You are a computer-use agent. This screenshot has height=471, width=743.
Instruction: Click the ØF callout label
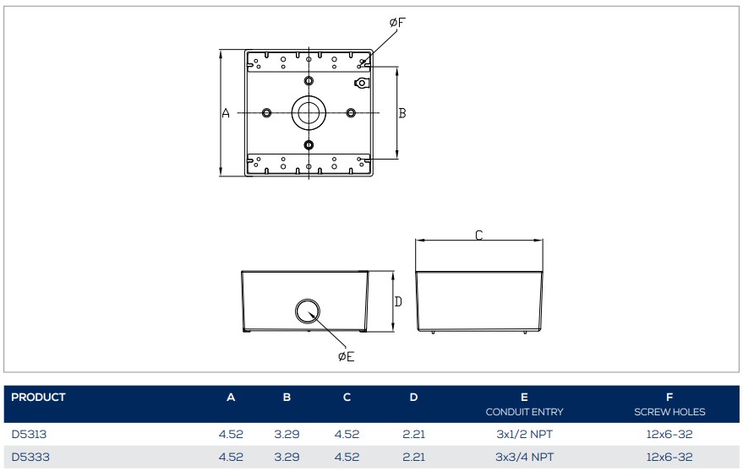pyautogui.click(x=397, y=22)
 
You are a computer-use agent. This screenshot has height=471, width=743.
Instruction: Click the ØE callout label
pyautogui.click(x=347, y=356)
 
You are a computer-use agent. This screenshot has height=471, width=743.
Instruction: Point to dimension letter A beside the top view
pyautogui.click(x=226, y=113)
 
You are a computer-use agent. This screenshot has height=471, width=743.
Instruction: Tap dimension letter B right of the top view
pyautogui.click(x=402, y=113)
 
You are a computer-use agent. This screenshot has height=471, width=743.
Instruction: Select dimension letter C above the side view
pyautogui.click(x=479, y=235)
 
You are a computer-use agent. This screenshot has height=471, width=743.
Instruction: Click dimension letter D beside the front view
pyautogui.click(x=398, y=301)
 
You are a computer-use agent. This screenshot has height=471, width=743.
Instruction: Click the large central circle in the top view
pyautogui.click(x=309, y=112)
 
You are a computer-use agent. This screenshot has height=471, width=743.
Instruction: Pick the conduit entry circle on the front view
pyautogui.click(x=308, y=311)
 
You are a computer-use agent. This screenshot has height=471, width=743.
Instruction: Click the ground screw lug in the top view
pyautogui.click(x=361, y=84)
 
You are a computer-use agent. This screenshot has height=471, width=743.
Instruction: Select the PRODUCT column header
pyautogui.click(x=38, y=398)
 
